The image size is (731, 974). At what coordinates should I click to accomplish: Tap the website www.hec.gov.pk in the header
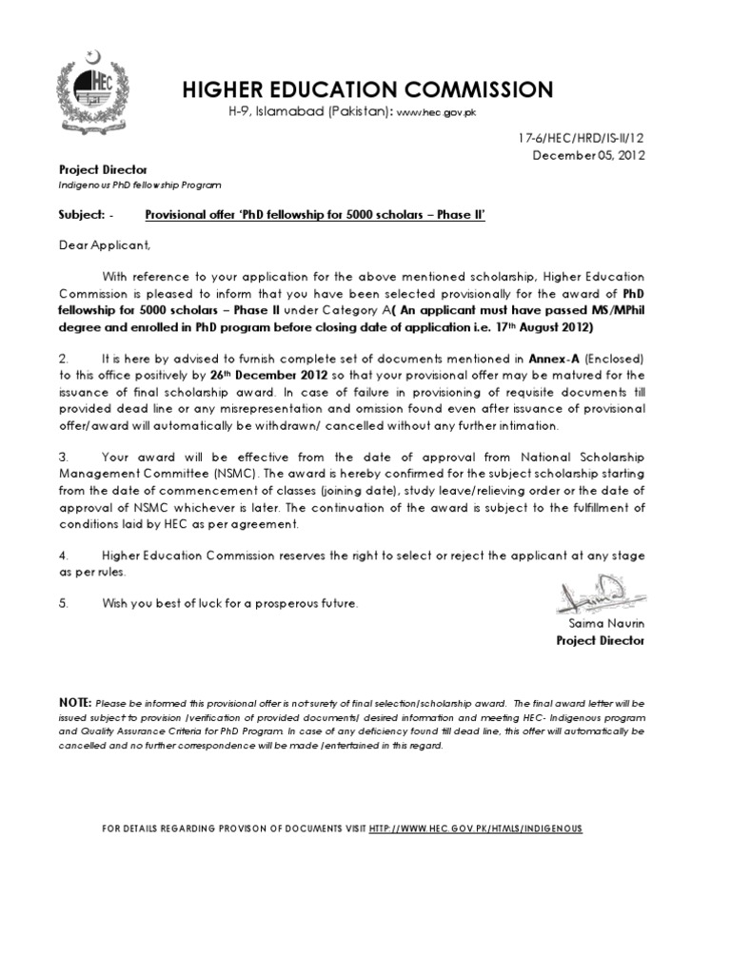pos(436,112)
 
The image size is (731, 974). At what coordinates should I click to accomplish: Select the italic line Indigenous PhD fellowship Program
pos(140,185)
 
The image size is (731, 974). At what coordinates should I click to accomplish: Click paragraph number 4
pos(64,555)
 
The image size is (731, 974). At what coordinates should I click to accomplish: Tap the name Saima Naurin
pos(606,624)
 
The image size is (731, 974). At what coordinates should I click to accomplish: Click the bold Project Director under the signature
pos(600,641)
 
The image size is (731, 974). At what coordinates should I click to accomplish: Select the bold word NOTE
pos(75,700)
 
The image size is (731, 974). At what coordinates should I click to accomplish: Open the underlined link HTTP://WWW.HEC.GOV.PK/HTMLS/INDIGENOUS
pos(474,829)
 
